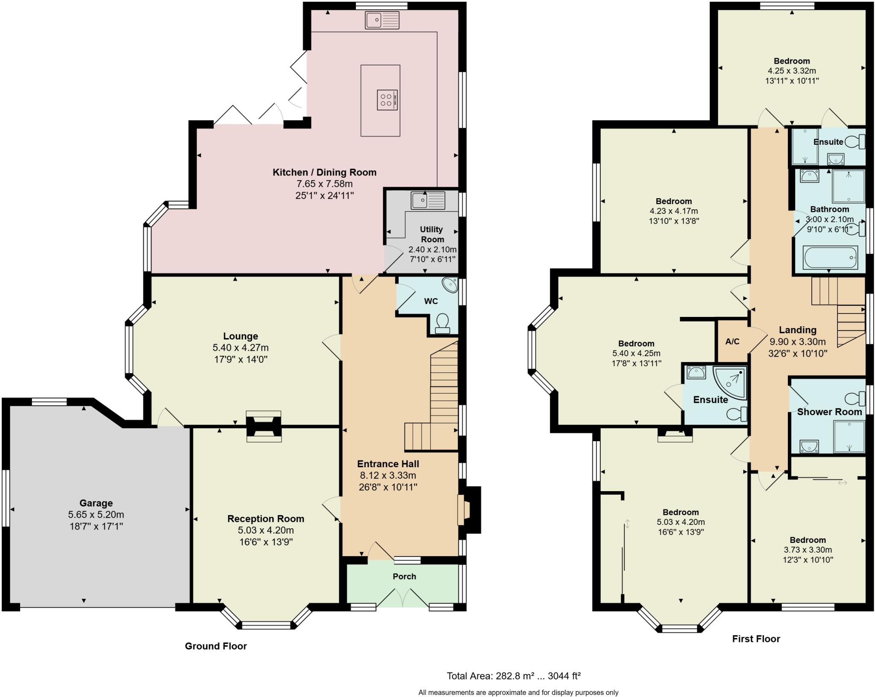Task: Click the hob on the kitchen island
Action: point(387,100)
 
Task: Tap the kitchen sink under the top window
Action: point(382,20)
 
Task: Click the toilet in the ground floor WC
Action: point(442,324)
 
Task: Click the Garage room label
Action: point(96,503)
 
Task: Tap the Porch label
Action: point(404,576)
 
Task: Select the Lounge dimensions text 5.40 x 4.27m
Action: point(241,348)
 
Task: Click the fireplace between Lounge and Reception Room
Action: point(264,426)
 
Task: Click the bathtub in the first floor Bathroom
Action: point(830,258)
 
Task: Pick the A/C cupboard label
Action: point(732,342)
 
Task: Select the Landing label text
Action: point(797,330)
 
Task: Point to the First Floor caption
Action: point(756,638)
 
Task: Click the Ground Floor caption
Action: point(216,646)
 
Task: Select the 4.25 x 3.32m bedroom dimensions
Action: point(792,70)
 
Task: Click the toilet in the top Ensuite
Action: point(856,141)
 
